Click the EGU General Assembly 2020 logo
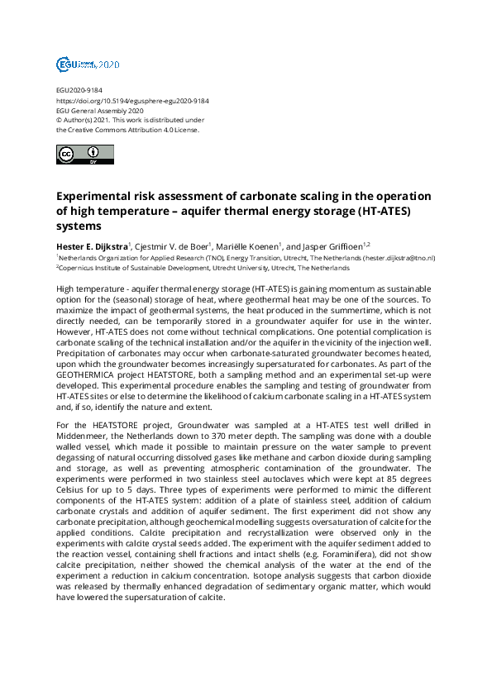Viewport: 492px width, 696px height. point(88,64)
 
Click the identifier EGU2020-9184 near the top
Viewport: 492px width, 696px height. point(79,90)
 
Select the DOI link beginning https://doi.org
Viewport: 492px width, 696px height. point(132,100)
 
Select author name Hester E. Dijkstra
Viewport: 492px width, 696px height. point(92,245)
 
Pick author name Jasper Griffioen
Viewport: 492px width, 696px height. point(334,245)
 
